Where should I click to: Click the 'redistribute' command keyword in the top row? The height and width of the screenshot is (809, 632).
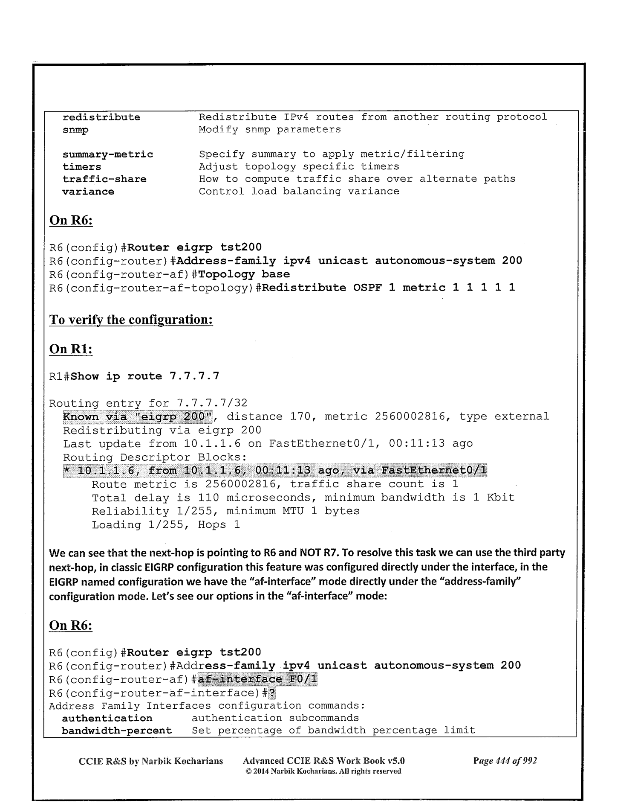(x=101, y=117)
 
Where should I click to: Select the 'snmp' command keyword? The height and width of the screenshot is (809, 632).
(x=75, y=130)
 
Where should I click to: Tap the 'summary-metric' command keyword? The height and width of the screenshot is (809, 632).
(x=107, y=154)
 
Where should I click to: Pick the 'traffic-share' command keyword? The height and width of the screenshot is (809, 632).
(x=104, y=179)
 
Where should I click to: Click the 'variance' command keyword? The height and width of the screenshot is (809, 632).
(x=88, y=192)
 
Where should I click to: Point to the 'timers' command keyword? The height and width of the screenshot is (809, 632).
(x=82, y=167)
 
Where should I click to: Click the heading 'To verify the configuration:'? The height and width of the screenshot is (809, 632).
(x=131, y=320)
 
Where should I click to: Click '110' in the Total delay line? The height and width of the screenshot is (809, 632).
(x=208, y=498)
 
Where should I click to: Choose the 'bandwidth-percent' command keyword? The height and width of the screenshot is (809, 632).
(x=117, y=730)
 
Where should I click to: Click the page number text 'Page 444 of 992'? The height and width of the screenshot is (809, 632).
(x=505, y=761)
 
